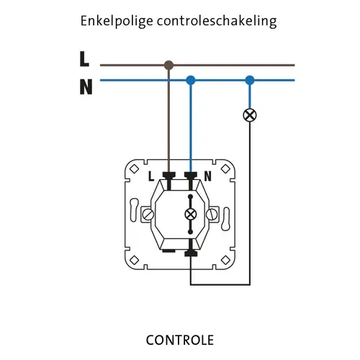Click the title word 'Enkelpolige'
click(113, 22)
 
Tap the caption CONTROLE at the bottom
click(179, 339)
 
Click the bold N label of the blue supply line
click(86, 87)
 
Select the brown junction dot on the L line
click(169, 65)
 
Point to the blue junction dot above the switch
click(191, 80)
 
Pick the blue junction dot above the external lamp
click(250, 80)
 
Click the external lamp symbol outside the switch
click(250, 114)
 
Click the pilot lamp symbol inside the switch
click(191, 214)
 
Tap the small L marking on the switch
click(151, 175)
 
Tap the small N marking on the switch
click(207, 175)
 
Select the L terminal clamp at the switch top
click(170, 174)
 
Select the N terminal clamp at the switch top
click(191, 174)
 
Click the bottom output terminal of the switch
click(191, 253)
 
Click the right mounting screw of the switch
click(213, 214)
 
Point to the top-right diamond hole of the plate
click(228, 169)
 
